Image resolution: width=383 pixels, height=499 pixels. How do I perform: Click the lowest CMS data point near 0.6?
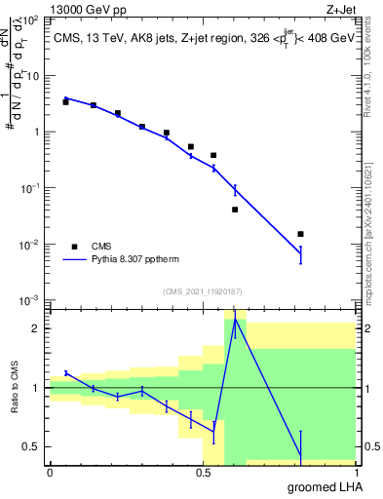pos(235,210)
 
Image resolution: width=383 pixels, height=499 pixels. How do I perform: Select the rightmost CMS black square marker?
pos(300,234)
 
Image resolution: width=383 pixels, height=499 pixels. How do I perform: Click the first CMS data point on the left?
pos(65,101)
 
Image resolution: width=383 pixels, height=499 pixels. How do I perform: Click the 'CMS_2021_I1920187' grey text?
pos(202,291)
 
